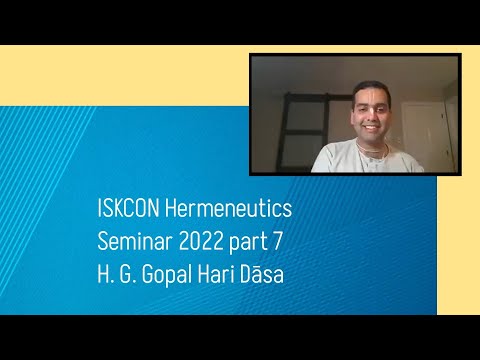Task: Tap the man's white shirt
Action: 340,160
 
